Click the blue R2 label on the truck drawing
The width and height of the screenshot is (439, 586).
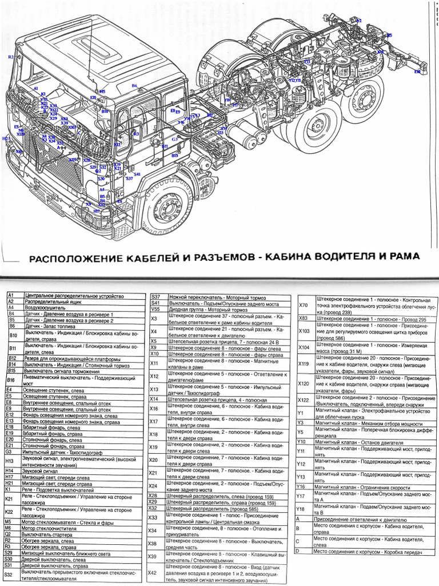pyautogui.click(x=10, y=57)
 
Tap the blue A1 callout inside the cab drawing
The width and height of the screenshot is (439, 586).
pyautogui.click(x=35, y=89)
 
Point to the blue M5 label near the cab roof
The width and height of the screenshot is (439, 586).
pyautogui.click(x=102, y=92)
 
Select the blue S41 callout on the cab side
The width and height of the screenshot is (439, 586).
pyautogui.click(x=137, y=174)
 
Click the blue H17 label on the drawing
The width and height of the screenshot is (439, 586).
pyautogui.click(x=97, y=211)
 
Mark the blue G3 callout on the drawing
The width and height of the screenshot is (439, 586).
pyautogui.click(x=174, y=139)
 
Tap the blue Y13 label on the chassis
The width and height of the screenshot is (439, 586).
pyautogui.click(x=308, y=61)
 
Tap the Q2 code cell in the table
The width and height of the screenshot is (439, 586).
pyautogui.click(x=8, y=534)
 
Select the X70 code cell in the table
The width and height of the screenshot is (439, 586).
pyautogui.click(x=304, y=306)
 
